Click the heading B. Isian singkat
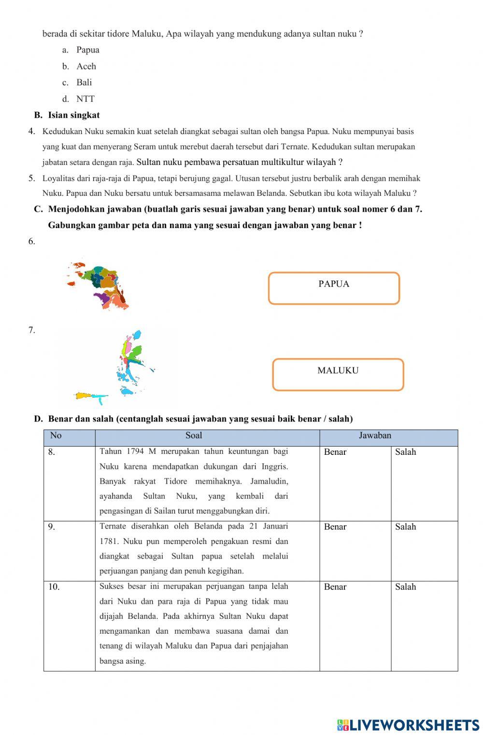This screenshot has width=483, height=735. tap(67, 115)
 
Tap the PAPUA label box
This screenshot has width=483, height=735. tap(334, 288)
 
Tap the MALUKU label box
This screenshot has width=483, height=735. tap(338, 374)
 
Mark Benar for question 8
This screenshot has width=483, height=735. tap(335, 452)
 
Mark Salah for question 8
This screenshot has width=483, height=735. tap(405, 452)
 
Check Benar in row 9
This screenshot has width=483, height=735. tap(335, 527)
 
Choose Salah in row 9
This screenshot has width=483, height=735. tap(405, 527)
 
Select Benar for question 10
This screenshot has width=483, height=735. tap(335, 587)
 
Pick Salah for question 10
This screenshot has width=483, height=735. tap(405, 587)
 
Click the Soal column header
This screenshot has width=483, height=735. tap(194, 436)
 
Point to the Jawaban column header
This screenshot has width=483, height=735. tap(375, 436)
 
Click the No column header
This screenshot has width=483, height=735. tap(56, 436)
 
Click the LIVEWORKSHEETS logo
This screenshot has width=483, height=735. tap(408, 725)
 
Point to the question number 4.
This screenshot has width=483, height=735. tap(31, 131)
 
